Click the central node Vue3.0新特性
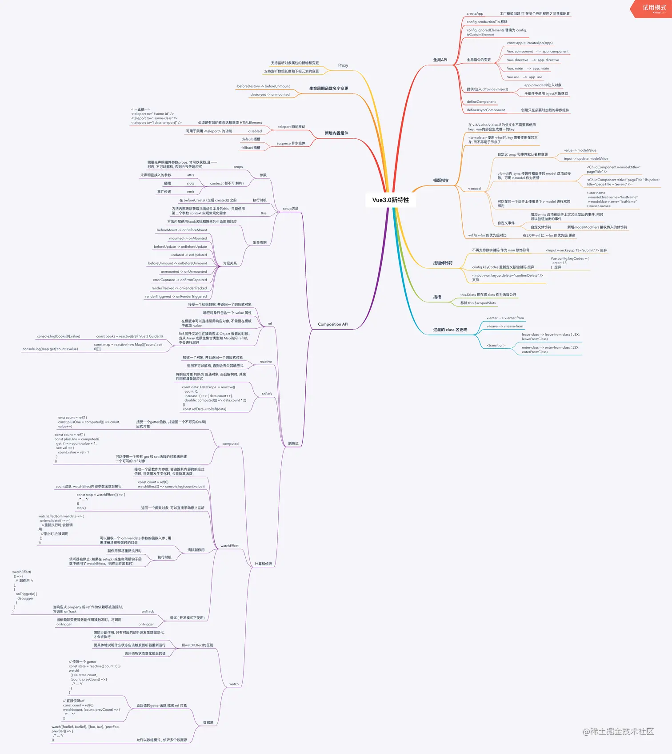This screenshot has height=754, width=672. [390, 200]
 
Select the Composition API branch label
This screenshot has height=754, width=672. [333, 324]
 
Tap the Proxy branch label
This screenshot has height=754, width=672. [343, 65]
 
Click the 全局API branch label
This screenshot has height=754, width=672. [440, 60]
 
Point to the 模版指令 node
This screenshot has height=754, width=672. [441, 181]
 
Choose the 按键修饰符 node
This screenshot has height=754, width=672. [443, 263]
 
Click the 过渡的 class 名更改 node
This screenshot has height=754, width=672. [450, 330]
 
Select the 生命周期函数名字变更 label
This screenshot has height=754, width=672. [328, 89]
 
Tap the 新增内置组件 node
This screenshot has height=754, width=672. [336, 133]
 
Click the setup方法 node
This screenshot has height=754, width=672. [290, 209]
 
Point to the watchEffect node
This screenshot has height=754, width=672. [229, 546]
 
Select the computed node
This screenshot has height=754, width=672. [230, 444]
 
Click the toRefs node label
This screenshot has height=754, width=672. [267, 394]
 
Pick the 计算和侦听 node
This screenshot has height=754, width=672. [263, 564]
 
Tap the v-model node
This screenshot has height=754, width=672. [474, 189]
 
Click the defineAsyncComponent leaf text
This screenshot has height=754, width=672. [486, 110]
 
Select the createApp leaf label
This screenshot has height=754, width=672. [475, 14]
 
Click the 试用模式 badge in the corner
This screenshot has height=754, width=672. [654, 8]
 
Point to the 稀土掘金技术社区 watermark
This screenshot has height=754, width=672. [618, 732]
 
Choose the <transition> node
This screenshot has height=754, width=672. [496, 346]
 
